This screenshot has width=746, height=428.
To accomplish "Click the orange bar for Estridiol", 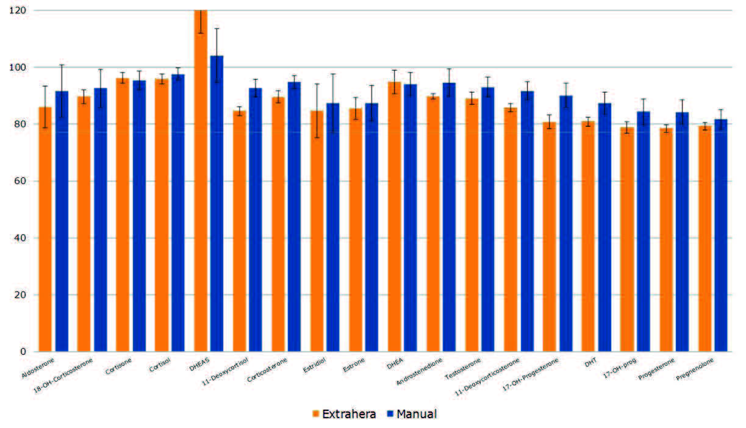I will click(317, 231).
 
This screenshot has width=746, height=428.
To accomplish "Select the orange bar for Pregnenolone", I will click(705, 238).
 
